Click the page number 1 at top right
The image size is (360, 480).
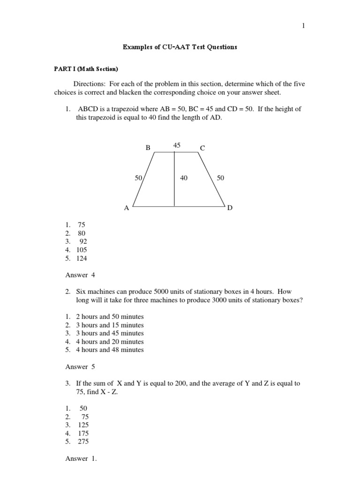point(303,26)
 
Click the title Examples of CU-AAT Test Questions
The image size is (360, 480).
point(180,47)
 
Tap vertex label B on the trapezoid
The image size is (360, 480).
point(148,148)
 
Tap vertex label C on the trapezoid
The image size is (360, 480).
point(202,148)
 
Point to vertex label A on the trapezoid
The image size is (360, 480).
point(126,209)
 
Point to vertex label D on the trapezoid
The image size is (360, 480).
point(230,208)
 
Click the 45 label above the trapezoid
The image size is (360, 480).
point(177,145)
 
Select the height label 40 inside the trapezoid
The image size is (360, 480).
point(184,178)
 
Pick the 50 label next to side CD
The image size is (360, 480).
point(221,178)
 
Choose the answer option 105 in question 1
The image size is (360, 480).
point(82,250)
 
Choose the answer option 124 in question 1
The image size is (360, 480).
point(82,258)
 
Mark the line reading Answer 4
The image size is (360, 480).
point(80,275)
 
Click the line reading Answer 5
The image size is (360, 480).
point(80,367)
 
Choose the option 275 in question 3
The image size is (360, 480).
point(83,442)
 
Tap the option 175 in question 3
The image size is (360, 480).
point(83,433)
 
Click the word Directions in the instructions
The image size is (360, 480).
point(90,83)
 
